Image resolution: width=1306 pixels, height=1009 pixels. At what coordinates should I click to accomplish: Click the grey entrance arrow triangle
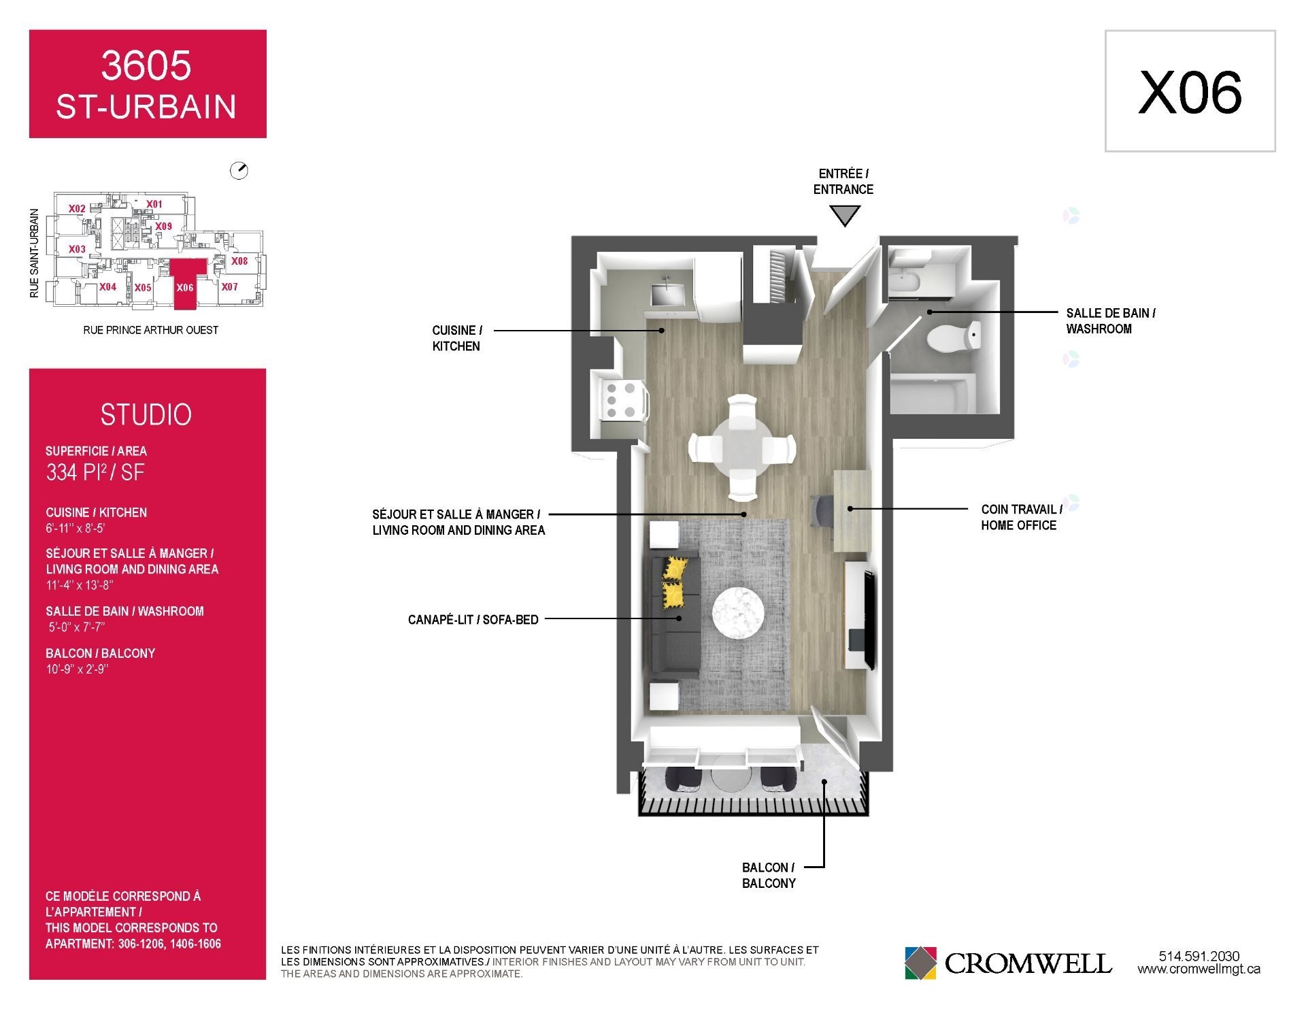(x=844, y=216)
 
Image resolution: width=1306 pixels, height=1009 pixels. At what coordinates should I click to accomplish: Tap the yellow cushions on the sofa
(x=674, y=581)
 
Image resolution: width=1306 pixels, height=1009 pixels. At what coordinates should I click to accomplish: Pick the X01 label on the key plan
(x=154, y=204)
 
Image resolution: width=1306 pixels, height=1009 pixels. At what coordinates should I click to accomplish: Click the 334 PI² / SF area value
(x=95, y=472)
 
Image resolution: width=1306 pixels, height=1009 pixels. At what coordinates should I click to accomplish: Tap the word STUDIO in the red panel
(x=146, y=415)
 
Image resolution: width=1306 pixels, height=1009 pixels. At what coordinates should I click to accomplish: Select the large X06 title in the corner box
(x=1190, y=93)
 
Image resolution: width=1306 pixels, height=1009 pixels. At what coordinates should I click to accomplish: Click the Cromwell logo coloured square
(x=920, y=963)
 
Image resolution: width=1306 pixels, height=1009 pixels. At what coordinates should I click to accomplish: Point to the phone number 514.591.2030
(x=1199, y=956)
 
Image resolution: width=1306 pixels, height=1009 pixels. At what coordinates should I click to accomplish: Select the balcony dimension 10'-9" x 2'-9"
(x=77, y=669)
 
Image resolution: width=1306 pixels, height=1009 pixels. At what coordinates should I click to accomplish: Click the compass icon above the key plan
(x=239, y=171)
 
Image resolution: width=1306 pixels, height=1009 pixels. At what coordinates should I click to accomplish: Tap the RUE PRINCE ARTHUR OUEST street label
(x=151, y=330)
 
